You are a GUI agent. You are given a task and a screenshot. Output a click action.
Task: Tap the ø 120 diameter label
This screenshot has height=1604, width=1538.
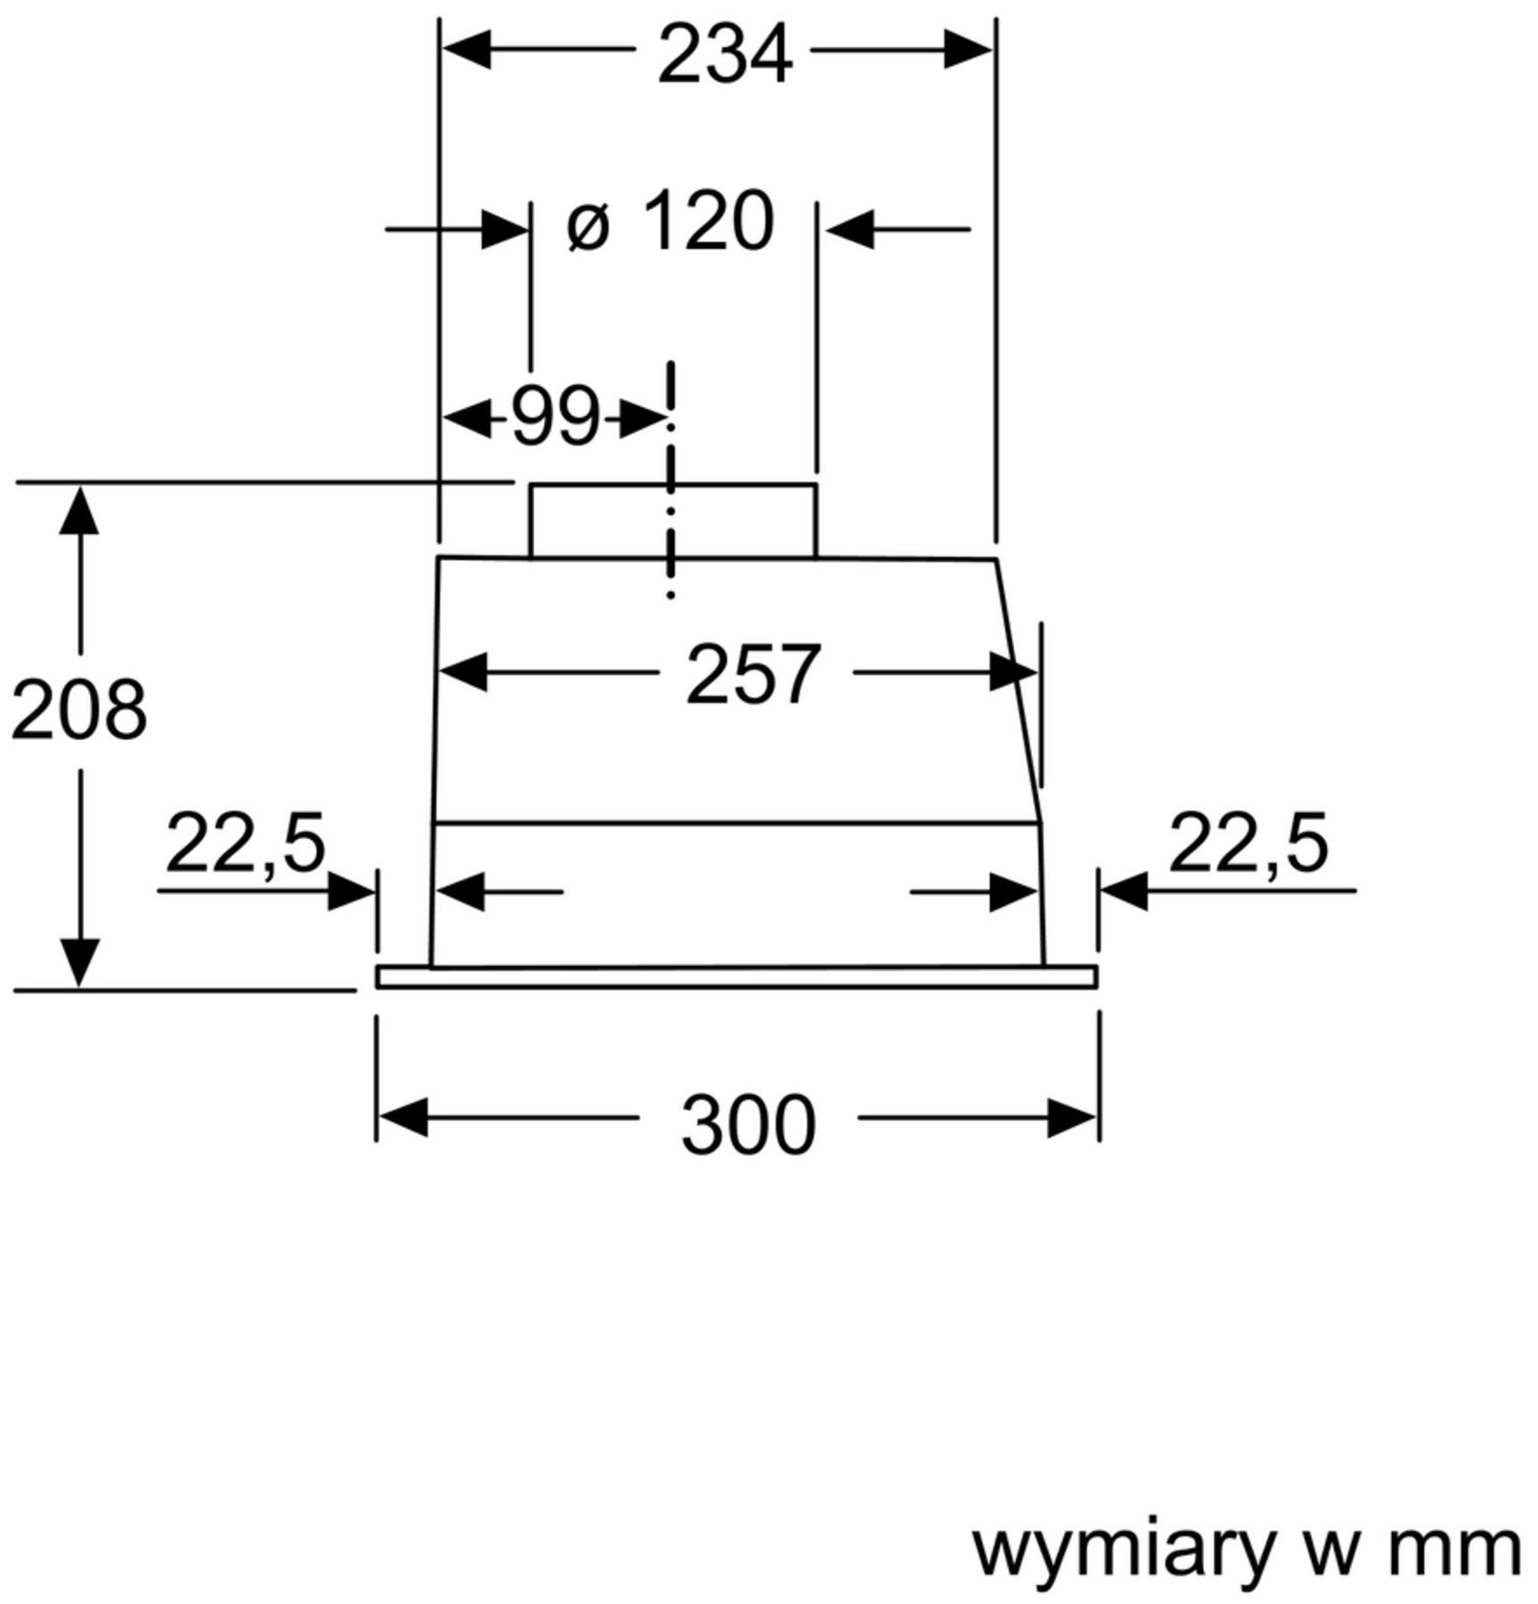(670, 221)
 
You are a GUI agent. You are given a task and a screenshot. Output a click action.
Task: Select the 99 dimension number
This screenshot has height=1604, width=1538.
(556, 417)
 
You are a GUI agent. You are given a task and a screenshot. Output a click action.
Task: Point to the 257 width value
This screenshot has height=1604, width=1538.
(753, 674)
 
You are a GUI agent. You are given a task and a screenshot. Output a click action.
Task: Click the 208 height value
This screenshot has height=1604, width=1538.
(79, 709)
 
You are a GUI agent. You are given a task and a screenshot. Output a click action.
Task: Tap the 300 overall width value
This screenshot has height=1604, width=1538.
(748, 1125)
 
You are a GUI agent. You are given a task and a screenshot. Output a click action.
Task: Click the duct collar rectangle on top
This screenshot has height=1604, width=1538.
(673, 521)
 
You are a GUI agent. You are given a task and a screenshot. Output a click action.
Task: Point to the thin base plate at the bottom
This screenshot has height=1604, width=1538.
(736, 977)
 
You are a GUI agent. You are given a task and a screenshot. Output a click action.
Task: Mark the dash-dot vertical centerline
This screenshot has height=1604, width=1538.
(671, 479)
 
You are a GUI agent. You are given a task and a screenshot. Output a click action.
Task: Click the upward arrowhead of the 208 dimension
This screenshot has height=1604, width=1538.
(79, 509)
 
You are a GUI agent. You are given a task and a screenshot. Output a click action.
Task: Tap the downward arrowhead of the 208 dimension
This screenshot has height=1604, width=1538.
(79, 963)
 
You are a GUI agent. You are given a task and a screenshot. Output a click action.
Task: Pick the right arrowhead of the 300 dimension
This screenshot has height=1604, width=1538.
(1071, 1118)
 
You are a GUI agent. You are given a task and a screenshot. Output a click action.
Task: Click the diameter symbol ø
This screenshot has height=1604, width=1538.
(588, 227)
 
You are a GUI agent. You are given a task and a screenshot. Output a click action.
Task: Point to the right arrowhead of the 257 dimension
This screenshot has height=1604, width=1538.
(1013, 672)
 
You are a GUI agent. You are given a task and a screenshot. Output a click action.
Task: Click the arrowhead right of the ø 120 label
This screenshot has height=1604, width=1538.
(850, 229)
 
